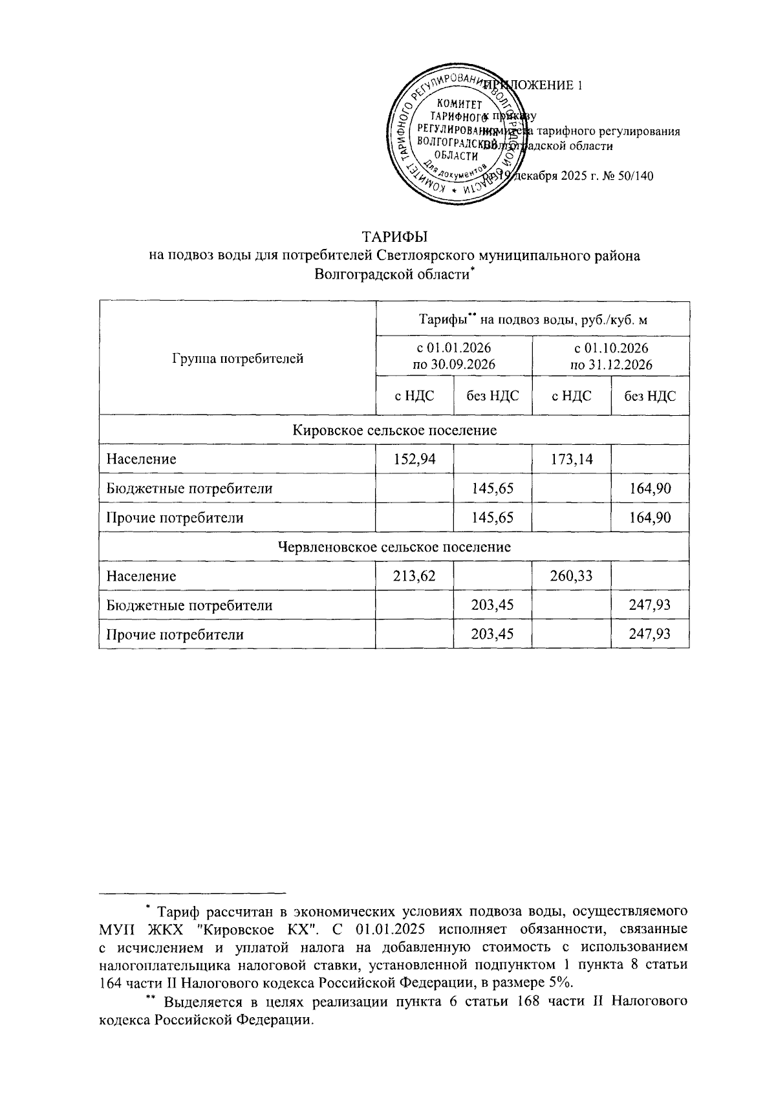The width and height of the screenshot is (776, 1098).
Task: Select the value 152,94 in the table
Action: (x=415, y=459)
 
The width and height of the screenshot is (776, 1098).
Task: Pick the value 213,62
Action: (x=415, y=576)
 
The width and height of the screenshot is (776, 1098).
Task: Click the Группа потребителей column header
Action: (x=237, y=358)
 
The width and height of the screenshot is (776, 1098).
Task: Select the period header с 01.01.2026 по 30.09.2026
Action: (x=454, y=356)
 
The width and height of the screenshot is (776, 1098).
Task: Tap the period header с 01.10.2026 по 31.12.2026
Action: (x=611, y=356)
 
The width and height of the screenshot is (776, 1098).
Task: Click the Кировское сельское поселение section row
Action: (x=394, y=430)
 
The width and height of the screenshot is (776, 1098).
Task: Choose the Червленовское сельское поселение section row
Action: (x=394, y=547)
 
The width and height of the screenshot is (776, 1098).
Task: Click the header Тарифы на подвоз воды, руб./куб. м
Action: (x=533, y=319)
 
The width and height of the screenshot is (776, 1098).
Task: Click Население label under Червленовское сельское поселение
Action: (x=141, y=576)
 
